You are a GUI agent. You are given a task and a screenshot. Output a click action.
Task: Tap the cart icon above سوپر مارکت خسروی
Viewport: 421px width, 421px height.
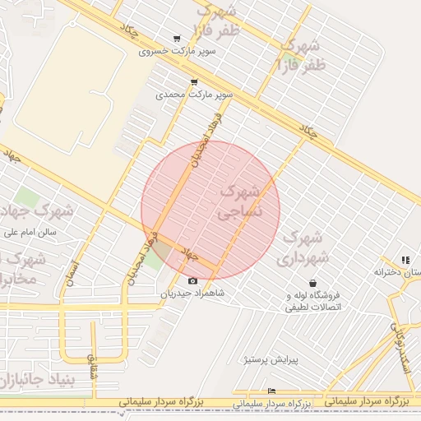coord(177,39)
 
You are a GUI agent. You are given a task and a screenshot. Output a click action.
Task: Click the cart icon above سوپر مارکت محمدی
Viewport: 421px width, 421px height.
coord(194,82)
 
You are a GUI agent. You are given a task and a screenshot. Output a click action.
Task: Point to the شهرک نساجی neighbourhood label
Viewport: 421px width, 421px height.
coord(239,202)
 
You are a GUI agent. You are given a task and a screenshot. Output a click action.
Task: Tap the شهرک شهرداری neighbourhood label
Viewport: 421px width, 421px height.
coord(306,248)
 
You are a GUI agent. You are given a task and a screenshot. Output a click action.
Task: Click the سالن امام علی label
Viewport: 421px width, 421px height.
coord(29,232)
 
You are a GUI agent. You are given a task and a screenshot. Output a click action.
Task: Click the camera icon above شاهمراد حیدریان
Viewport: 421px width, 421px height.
coord(193,280)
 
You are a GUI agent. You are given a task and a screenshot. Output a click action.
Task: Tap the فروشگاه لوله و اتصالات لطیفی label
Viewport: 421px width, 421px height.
coord(312,301)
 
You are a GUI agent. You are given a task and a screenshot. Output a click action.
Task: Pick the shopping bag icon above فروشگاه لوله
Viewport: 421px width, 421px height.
coord(312,283)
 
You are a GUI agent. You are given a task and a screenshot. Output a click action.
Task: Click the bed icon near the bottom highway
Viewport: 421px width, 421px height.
coord(272,391)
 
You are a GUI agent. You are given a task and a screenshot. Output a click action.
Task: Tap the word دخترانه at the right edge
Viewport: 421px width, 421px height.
coord(391,271)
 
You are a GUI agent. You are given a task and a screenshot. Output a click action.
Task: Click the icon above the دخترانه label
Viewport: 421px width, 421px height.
coord(405,260)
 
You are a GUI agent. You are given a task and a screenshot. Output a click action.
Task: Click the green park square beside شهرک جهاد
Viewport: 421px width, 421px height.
coord(27,198)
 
